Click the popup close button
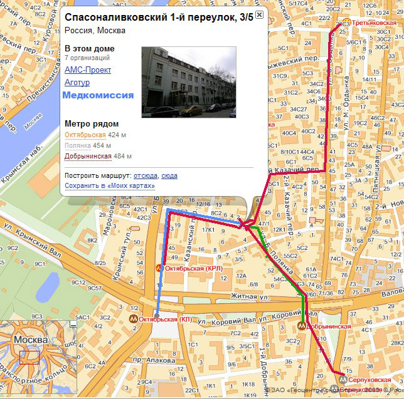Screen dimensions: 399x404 coord(259,15)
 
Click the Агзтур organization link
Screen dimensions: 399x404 coord(77,81)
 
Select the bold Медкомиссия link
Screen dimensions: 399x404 coord(98,95)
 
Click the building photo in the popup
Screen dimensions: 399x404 coord(189,82)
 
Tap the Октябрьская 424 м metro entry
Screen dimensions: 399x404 coord(85,135)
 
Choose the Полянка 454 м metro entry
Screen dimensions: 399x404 coord(79,145)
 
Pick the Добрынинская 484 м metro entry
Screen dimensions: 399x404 coord(88,156)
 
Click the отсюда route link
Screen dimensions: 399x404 coord(146,176)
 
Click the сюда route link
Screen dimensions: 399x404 coord(169,176)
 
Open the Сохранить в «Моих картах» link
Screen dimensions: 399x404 coord(109,185)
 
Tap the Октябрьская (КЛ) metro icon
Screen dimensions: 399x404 coord(133,319)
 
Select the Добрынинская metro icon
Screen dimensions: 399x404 coord(302,326)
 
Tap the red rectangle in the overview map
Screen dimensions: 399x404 coord(29,357)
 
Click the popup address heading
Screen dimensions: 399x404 coord(159,16)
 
